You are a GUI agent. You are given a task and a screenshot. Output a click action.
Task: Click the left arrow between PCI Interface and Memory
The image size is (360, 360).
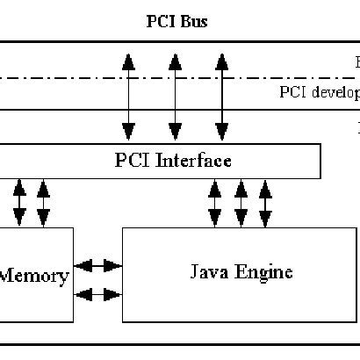pos(18,203)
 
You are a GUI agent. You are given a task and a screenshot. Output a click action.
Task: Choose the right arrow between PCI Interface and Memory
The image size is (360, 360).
pos(43,203)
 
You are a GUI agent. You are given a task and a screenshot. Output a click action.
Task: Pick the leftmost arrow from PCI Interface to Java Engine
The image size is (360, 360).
pos(215,203)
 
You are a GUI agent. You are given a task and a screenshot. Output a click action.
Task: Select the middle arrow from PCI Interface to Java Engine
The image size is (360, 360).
pos(240,203)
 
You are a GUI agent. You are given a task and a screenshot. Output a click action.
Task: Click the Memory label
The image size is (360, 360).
pos(33,277)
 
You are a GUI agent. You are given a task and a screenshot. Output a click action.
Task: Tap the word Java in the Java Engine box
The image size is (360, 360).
pos(207,271)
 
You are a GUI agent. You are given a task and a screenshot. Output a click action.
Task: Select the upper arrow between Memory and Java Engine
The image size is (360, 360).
pos(98,264)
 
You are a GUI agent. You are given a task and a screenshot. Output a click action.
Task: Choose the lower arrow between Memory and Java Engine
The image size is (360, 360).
pos(98,295)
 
